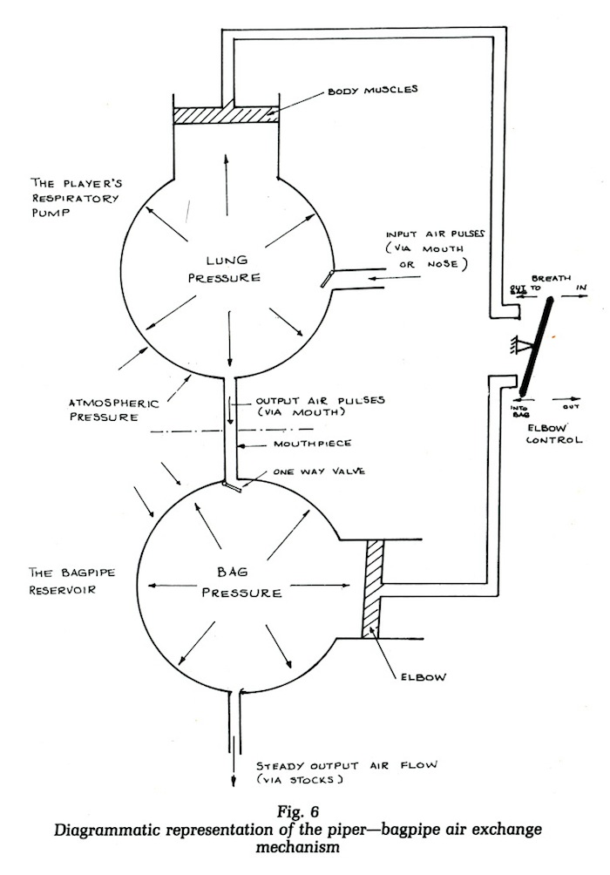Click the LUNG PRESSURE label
pyautogui.click(x=228, y=269)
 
